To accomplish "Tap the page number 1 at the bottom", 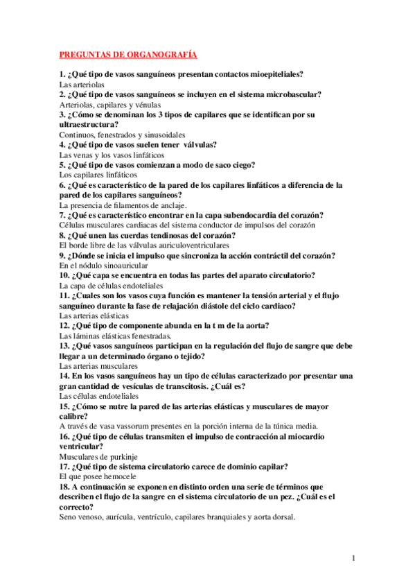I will pos(353,558).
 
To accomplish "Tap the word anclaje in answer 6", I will pos(170,205).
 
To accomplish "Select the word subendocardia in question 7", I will pos(223,215).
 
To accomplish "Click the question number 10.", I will pos(64,275).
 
